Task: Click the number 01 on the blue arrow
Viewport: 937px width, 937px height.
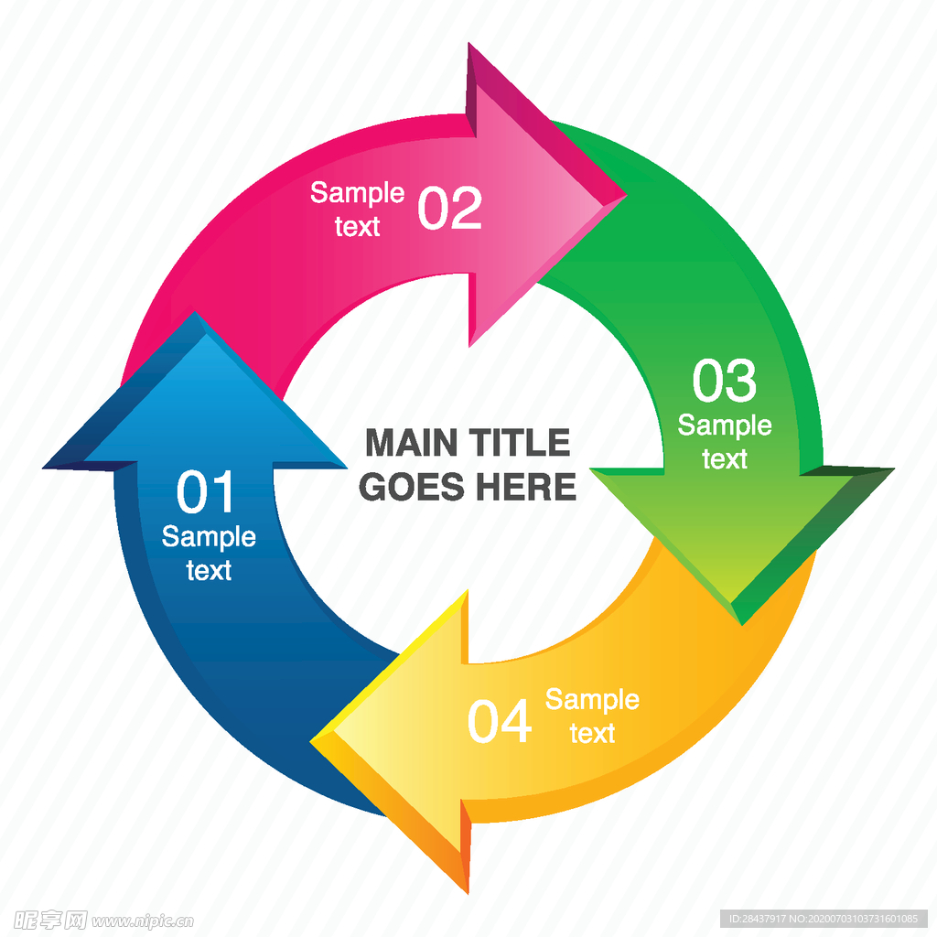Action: coord(206,493)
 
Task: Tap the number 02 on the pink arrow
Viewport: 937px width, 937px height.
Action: coord(449,209)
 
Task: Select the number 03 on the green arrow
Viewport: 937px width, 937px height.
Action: coord(725,381)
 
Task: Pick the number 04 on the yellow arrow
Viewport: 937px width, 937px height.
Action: coord(500,722)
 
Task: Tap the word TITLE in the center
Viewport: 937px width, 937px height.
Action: coord(521,444)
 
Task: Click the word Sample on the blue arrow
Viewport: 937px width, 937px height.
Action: coord(209,537)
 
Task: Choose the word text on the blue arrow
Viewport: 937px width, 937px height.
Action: coord(209,571)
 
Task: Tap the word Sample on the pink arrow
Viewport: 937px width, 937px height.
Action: coord(357,193)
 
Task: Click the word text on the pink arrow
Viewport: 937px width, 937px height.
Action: coord(357,226)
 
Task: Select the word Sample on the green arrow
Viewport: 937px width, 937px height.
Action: coord(725,425)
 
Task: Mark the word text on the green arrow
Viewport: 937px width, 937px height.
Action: coord(725,458)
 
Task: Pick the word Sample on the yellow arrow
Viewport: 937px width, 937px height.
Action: coord(592,700)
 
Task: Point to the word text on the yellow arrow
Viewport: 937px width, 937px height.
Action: coord(592,733)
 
